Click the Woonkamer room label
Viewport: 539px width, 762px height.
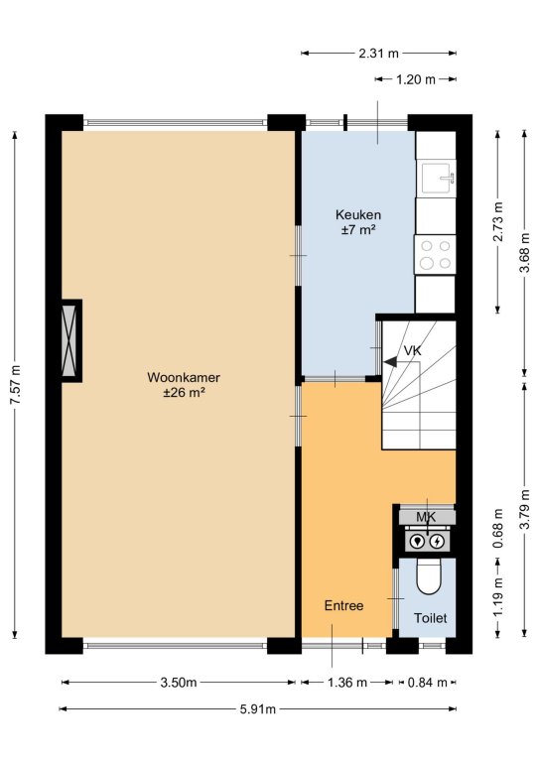184,377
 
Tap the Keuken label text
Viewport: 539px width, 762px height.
358,214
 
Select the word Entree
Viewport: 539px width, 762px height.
343,605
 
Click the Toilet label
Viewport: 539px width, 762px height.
430,618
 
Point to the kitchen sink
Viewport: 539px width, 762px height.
438,178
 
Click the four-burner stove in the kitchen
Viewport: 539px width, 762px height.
435,254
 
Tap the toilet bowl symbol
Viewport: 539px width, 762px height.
428,576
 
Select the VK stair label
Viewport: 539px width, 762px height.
412,350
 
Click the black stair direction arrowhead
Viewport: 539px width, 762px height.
390,361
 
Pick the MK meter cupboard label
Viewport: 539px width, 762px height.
426,517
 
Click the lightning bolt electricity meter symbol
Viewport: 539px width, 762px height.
438,541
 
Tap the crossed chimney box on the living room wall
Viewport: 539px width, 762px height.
69,340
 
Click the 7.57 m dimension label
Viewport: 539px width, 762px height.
16,384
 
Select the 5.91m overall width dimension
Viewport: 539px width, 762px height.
258,709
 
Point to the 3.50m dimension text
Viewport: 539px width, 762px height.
179,683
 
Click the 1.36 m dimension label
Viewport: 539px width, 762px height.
347,683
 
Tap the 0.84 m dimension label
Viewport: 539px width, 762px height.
427,683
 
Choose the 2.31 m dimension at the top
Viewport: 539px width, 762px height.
378,53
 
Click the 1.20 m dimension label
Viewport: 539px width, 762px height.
416,79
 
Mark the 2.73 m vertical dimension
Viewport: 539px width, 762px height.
497,221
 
